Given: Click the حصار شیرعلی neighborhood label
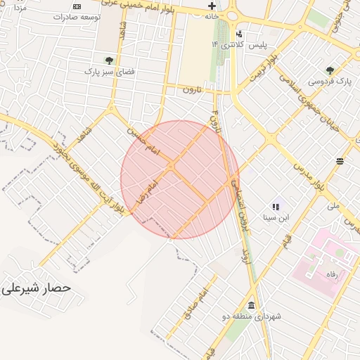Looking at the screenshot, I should point(37,288).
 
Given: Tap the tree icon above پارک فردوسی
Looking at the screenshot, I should point(330,70).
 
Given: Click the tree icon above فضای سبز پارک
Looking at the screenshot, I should point(108,60).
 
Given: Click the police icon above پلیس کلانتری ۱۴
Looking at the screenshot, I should point(240,34).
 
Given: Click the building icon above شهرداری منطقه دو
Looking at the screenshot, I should point(252,305).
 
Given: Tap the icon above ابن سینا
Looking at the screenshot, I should point(276,207).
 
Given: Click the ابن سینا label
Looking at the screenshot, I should point(276,218).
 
